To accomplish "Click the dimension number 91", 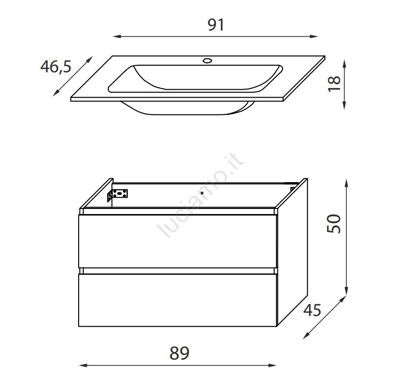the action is (216, 25).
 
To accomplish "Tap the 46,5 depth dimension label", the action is (56, 67).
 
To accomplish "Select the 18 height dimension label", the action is (335, 84).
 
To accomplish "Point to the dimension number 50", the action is (334, 223).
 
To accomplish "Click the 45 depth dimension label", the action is (312, 310).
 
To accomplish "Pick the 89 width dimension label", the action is (179, 353).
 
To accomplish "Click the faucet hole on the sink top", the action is (207, 61).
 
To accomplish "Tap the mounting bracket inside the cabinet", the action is (118, 195).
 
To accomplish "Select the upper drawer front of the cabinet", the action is (178, 241).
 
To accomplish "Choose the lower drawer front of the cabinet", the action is (178, 300).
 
